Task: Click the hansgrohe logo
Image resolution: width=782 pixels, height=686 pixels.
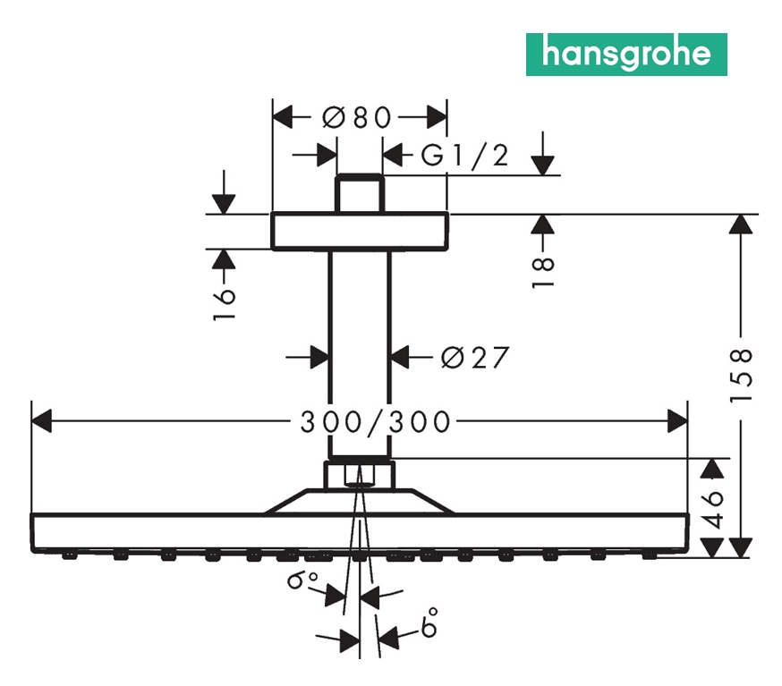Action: [625, 54]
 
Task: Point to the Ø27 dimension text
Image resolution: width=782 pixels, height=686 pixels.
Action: [474, 358]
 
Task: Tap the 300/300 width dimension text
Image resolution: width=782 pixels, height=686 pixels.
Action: [374, 420]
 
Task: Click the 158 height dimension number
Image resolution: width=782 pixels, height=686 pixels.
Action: [742, 374]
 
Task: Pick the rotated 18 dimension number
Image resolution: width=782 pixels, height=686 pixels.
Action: [543, 271]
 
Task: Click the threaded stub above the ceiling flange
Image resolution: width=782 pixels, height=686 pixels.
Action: [360, 193]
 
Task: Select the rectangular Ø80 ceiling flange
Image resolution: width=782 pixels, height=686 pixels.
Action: [359, 231]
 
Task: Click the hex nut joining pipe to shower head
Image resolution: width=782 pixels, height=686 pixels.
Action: [359, 474]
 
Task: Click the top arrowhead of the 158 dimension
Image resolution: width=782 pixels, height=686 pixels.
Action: [740, 224]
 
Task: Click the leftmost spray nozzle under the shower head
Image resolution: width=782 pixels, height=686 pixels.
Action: [68, 556]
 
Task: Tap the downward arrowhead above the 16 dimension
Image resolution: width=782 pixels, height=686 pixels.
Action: [224, 203]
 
